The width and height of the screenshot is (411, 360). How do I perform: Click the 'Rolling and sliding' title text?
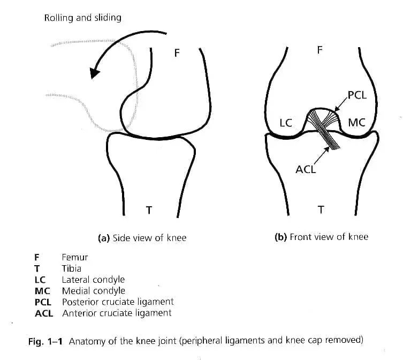82,18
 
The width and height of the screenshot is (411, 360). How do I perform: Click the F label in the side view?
177,52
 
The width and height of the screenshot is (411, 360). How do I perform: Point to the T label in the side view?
149,209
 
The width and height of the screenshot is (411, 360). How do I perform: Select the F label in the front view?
320,50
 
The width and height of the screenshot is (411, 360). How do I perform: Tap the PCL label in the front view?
357,95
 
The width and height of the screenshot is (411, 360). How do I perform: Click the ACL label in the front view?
306,170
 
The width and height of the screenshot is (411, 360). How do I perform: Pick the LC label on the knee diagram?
286,123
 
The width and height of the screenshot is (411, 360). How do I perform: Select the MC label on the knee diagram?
356,123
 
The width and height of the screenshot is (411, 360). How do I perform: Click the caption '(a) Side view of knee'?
142,237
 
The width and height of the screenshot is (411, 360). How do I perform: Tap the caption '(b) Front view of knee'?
321,237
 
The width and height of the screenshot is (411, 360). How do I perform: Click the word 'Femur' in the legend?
75,257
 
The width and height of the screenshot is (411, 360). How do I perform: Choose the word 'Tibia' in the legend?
72,268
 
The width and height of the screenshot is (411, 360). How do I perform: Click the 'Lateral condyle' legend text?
93,280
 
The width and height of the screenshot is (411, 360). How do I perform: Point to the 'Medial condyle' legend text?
94,291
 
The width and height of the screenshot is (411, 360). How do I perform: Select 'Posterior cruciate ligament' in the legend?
118,302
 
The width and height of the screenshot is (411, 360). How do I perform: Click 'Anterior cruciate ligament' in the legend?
117,313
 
